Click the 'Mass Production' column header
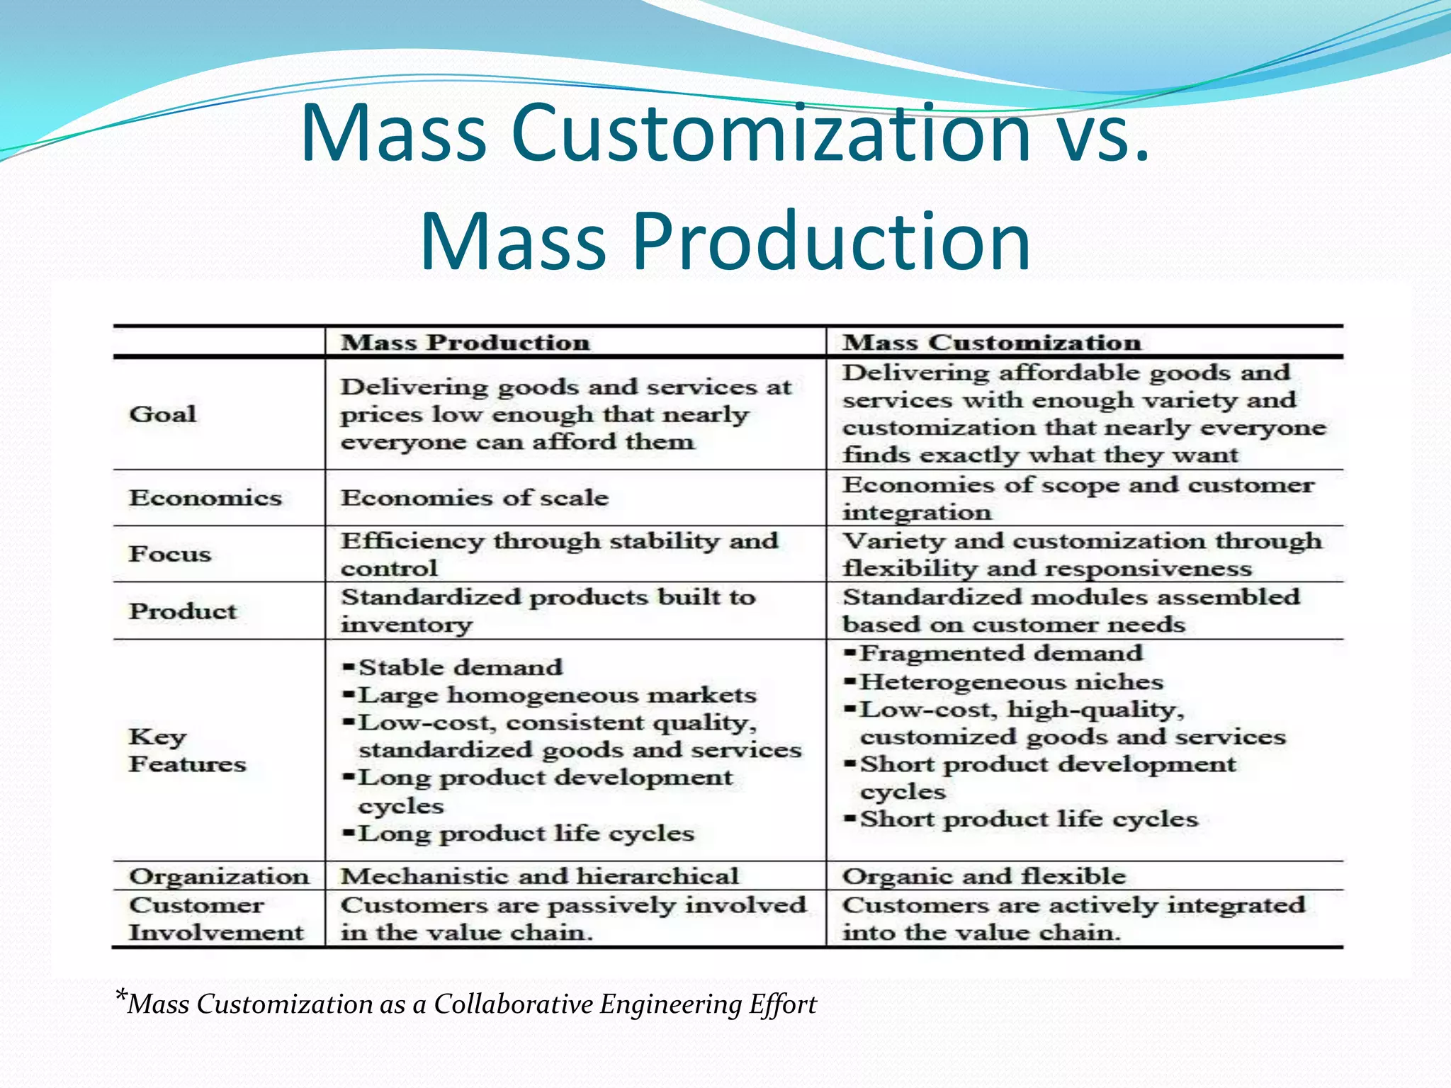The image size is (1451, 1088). tap(465, 343)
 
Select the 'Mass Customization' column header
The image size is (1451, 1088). tap(991, 343)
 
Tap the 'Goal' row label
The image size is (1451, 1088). tap(162, 414)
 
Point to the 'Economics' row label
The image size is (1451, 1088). tap(205, 498)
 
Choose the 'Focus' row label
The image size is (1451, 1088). tap(170, 554)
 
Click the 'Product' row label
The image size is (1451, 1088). tap(183, 611)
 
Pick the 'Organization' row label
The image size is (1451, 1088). tap(219, 876)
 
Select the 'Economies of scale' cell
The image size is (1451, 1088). tap(475, 498)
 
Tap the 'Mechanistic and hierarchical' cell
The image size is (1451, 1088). tap(540, 876)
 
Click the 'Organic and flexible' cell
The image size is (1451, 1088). tap(984, 876)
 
